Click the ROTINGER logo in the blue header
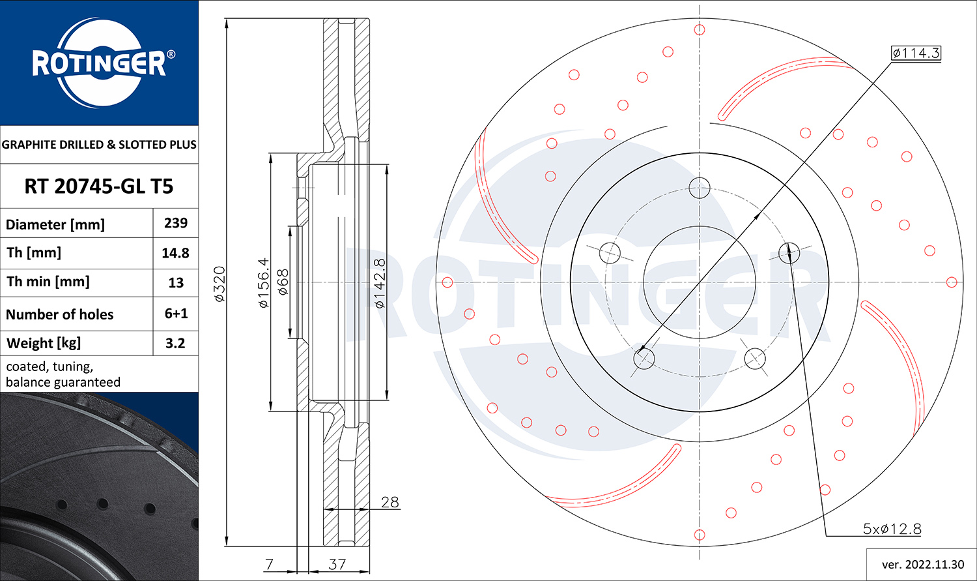pyautogui.click(x=99, y=63)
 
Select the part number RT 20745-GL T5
pyautogui.click(x=99, y=186)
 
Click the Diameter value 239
pyautogui.click(x=176, y=223)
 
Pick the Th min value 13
pyautogui.click(x=176, y=283)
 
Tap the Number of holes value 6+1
pyautogui.click(x=176, y=314)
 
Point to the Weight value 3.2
pyautogui.click(x=175, y=343)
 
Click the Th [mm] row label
pyautogui.click(x=34, y=252)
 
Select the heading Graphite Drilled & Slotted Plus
pyautogui.click(x=99, y=145)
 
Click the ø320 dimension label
pyautogui.click(x=219, y=284)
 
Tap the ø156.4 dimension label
pyautogui.click(x=263, y=282)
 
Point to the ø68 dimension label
pyautogui.click(x=283, y=282)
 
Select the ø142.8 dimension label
pyautogui.click(x=380, y=283)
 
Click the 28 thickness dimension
pyautogui.click(x=389, y=502)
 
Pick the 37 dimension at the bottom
pyautogui.click(x=337, y=564)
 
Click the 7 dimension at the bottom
pyautogui.click(x=270, y=564)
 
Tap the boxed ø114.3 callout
pyautogui.click(x=916, y=53)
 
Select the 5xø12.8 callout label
pyautogui.click(x=892, y=529)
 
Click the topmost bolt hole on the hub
pyautogui.click(x=699, y=188)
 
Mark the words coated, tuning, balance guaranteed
pyautogui.click(x=63, y=374)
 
